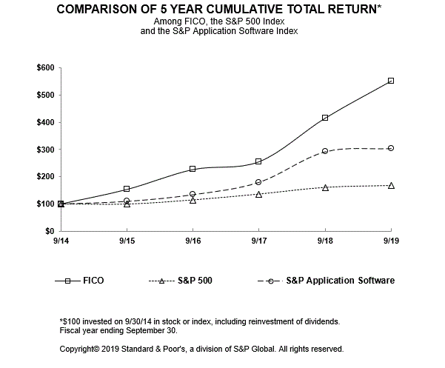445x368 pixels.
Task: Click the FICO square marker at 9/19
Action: pyautogui.click(x=391, y=81)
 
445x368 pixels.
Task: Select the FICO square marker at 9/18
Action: pyautogui.click(x=325, y=118)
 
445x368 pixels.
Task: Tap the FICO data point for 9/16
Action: pyautogui.click(x=193, y=169)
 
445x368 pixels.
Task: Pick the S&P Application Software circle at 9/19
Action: pyautogui.click(x=391, y=148)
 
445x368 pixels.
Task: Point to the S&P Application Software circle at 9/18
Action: pyautogui.click(x=325, y=151)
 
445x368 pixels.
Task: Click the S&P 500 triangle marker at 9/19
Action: pyautogui.click(x=391, y=185)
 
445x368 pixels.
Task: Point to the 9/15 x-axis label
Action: pyautogui.click(x=127, y=241)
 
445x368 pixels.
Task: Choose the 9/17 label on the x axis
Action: pyautogui.click(x=259, y=241)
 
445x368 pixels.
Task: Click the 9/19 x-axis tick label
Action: pyautogui.click(x=391, y=241)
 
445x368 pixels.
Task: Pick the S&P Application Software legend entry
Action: pyautogui.click(x=341, y=281)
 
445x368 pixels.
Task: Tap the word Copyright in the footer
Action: pyautogui.click(x=80, y=348)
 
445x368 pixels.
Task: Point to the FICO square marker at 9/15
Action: pyautogui.click(x=127, y=189)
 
